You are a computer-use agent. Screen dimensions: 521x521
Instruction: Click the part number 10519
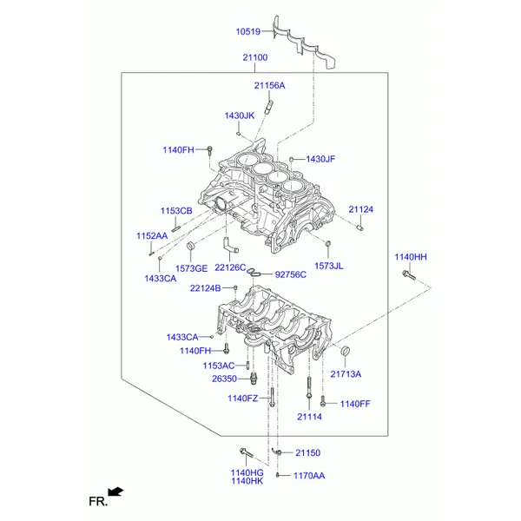[248, 34]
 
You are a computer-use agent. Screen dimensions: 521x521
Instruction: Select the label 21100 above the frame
[254, 58]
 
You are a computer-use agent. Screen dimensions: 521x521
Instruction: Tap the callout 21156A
[269, 86]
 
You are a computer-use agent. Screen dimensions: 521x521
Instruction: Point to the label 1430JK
[239, 115]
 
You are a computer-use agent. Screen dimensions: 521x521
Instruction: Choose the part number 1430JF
[320, 159]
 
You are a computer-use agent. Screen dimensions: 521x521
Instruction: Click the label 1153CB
[175, 211]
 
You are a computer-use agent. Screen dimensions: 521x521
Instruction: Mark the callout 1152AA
[151, 236]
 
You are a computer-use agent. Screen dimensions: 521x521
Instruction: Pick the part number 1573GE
[192, 269]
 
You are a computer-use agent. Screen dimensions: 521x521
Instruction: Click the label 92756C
[291, 274]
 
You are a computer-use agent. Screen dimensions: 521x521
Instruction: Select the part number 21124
[360, 209]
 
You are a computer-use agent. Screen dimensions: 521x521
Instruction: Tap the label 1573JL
[328, 266]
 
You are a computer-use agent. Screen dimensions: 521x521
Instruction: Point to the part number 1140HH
[411, 257]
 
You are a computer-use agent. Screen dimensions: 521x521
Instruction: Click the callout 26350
[224, 379]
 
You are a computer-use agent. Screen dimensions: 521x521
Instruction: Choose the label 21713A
[345, 374]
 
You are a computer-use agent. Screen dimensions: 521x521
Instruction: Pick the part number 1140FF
[355, 404]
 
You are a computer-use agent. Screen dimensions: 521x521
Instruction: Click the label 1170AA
[308, 476]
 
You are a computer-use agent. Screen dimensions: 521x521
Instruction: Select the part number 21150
[307, 452]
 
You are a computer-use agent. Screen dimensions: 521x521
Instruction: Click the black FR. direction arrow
[115, 492]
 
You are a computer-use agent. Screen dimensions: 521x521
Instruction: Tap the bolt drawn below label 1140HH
[410, 277]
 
